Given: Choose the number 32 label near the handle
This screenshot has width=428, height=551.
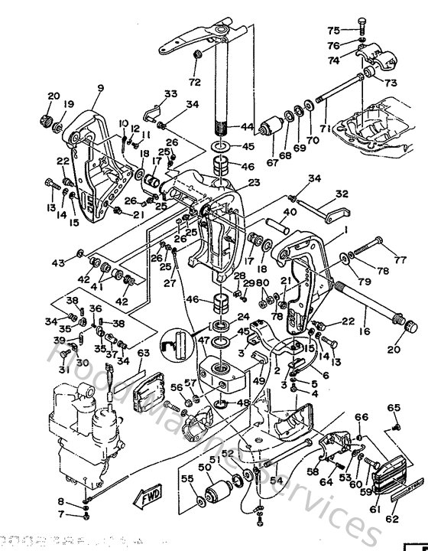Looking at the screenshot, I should [342, 194].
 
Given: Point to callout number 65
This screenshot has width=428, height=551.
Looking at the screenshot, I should [394, 408].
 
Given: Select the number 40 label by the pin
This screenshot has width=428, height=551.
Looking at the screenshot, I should [290, 212].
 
